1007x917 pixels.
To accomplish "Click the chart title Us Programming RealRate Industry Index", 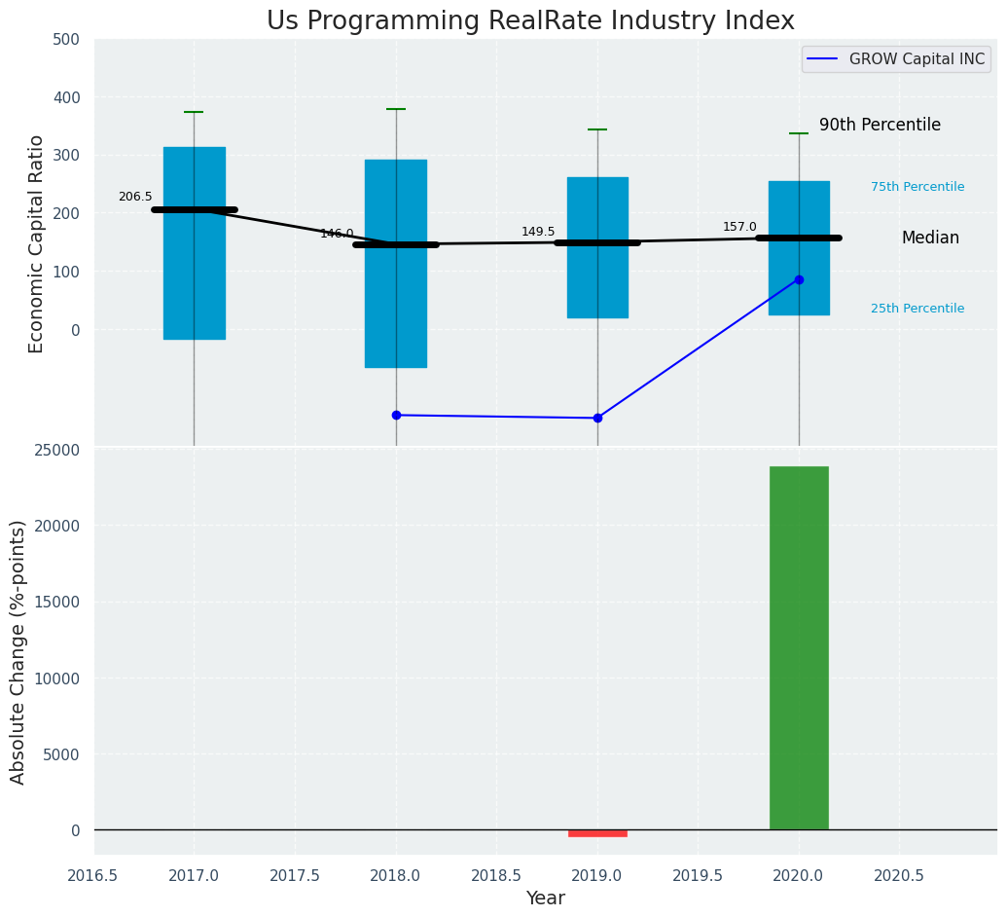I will pyautogui.click(x=530, y=21).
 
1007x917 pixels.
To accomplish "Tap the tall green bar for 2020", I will pyautogui.click(x=799, y=647).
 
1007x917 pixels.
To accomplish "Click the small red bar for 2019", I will pyautogui.click(x=597, y=833).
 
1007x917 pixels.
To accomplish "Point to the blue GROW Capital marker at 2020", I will pyautogui.click(x=799, y=279).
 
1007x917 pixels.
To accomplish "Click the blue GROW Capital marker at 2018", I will pyautogui.click(x=396, y=416).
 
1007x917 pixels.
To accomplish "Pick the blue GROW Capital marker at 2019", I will pyautogui.click(x=597, y=419).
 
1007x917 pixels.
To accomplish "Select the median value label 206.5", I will pyautogui.click(x=135, y=197).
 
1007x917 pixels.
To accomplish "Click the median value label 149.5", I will pyautogui.click(x=538, y=232).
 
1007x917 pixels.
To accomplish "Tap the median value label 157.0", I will pyautogui.click(x=739, y=227).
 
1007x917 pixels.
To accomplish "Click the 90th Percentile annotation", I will pyautogui.click(x=880, y=126).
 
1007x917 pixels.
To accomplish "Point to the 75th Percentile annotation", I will pyautogui.click(x=917, y=187).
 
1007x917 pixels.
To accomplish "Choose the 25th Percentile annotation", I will pyautogui.click(x=917, y=309).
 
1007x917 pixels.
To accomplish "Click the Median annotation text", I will pyautogui.click(x=930, y=238).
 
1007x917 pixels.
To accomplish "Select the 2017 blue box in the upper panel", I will pyautogui.click(x=195, y=243).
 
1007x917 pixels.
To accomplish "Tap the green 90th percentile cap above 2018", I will pyautogui.click(x=396, y=109).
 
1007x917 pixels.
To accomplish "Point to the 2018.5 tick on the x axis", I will pyautogui.click(x=496, y=875).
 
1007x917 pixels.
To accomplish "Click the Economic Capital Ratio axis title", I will pyautogui.click(x=37, y=243).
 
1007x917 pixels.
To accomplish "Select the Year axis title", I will pyautogui.click(x=545, y=899).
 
